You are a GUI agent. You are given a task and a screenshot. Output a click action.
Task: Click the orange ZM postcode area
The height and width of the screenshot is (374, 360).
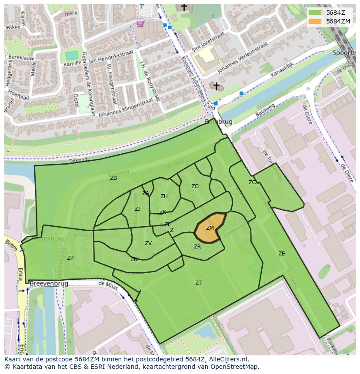tap(210, 228)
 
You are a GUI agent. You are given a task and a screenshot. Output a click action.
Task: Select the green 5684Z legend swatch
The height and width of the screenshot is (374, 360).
tap(315, 13)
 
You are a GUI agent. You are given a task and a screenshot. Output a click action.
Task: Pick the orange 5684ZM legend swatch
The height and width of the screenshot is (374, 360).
tap(315, 21)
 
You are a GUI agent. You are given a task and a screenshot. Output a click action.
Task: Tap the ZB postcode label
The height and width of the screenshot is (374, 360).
tap(113, 178)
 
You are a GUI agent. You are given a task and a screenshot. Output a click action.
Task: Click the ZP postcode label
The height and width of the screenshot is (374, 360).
tap(70, 258)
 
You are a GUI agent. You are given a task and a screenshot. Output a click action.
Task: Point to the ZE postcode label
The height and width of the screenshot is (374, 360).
tap(282, 254)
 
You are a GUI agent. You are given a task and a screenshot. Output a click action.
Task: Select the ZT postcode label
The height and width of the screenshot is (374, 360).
tap(198, 283)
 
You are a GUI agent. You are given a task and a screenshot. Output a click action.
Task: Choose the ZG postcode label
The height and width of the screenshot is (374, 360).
tap(195, 186)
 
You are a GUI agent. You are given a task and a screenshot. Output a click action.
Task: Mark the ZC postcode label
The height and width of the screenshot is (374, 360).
tap(252, 182)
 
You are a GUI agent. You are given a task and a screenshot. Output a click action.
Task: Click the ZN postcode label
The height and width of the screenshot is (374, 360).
tap(134, 259)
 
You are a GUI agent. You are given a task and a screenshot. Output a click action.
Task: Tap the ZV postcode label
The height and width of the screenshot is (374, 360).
tap(148, 243)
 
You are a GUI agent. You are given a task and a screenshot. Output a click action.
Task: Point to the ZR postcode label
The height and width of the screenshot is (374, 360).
tap(197, 247)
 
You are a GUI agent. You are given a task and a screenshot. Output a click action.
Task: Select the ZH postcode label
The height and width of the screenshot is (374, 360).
tap(164, 196)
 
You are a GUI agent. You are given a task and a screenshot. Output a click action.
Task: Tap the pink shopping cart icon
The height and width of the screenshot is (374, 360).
tap(140, 24)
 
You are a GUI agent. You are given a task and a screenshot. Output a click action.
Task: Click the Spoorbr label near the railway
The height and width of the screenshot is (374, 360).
tap(343, 53)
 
